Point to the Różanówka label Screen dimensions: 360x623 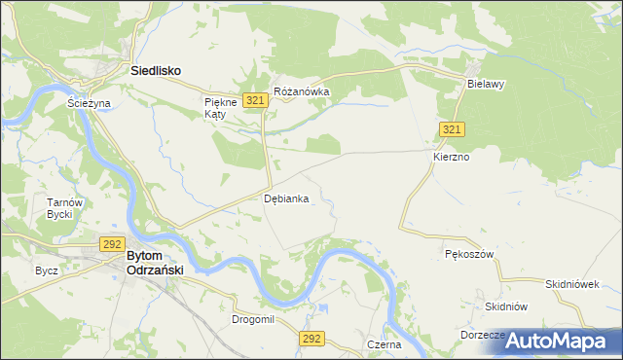coord(302,92)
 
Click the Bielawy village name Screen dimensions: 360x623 coord(485,84)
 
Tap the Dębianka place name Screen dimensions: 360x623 coord(287,198)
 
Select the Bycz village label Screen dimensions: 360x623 coord(46,270)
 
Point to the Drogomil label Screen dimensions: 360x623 coord(253,319)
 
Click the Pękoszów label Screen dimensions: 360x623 coord(471,254)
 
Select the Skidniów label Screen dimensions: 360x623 coord(506,306)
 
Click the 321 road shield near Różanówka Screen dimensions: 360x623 coord(256,100)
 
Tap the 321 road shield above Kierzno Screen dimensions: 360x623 coord(452,130)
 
